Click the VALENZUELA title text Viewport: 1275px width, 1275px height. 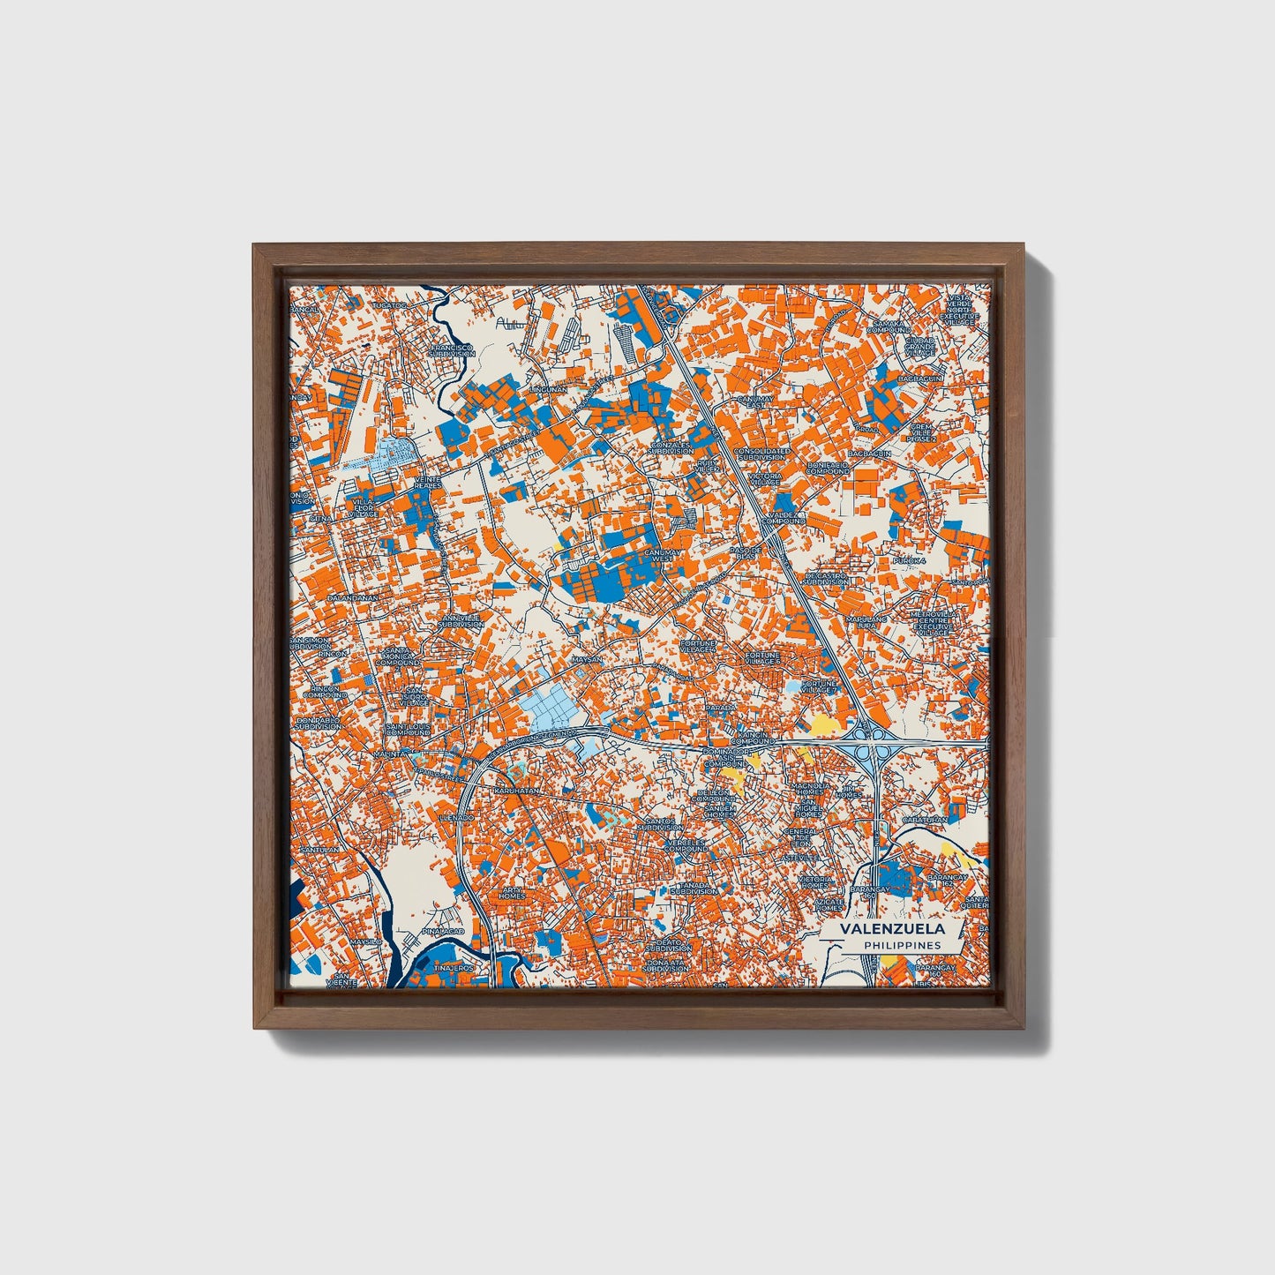892,929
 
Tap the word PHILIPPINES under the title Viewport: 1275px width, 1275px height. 902,945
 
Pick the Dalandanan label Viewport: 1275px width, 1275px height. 352,597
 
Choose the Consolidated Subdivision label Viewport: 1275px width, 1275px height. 759,454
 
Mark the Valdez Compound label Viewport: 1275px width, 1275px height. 783,516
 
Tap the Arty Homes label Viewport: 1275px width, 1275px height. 511,893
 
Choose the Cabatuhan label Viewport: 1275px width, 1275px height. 924,819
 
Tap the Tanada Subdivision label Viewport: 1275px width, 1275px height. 694,889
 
